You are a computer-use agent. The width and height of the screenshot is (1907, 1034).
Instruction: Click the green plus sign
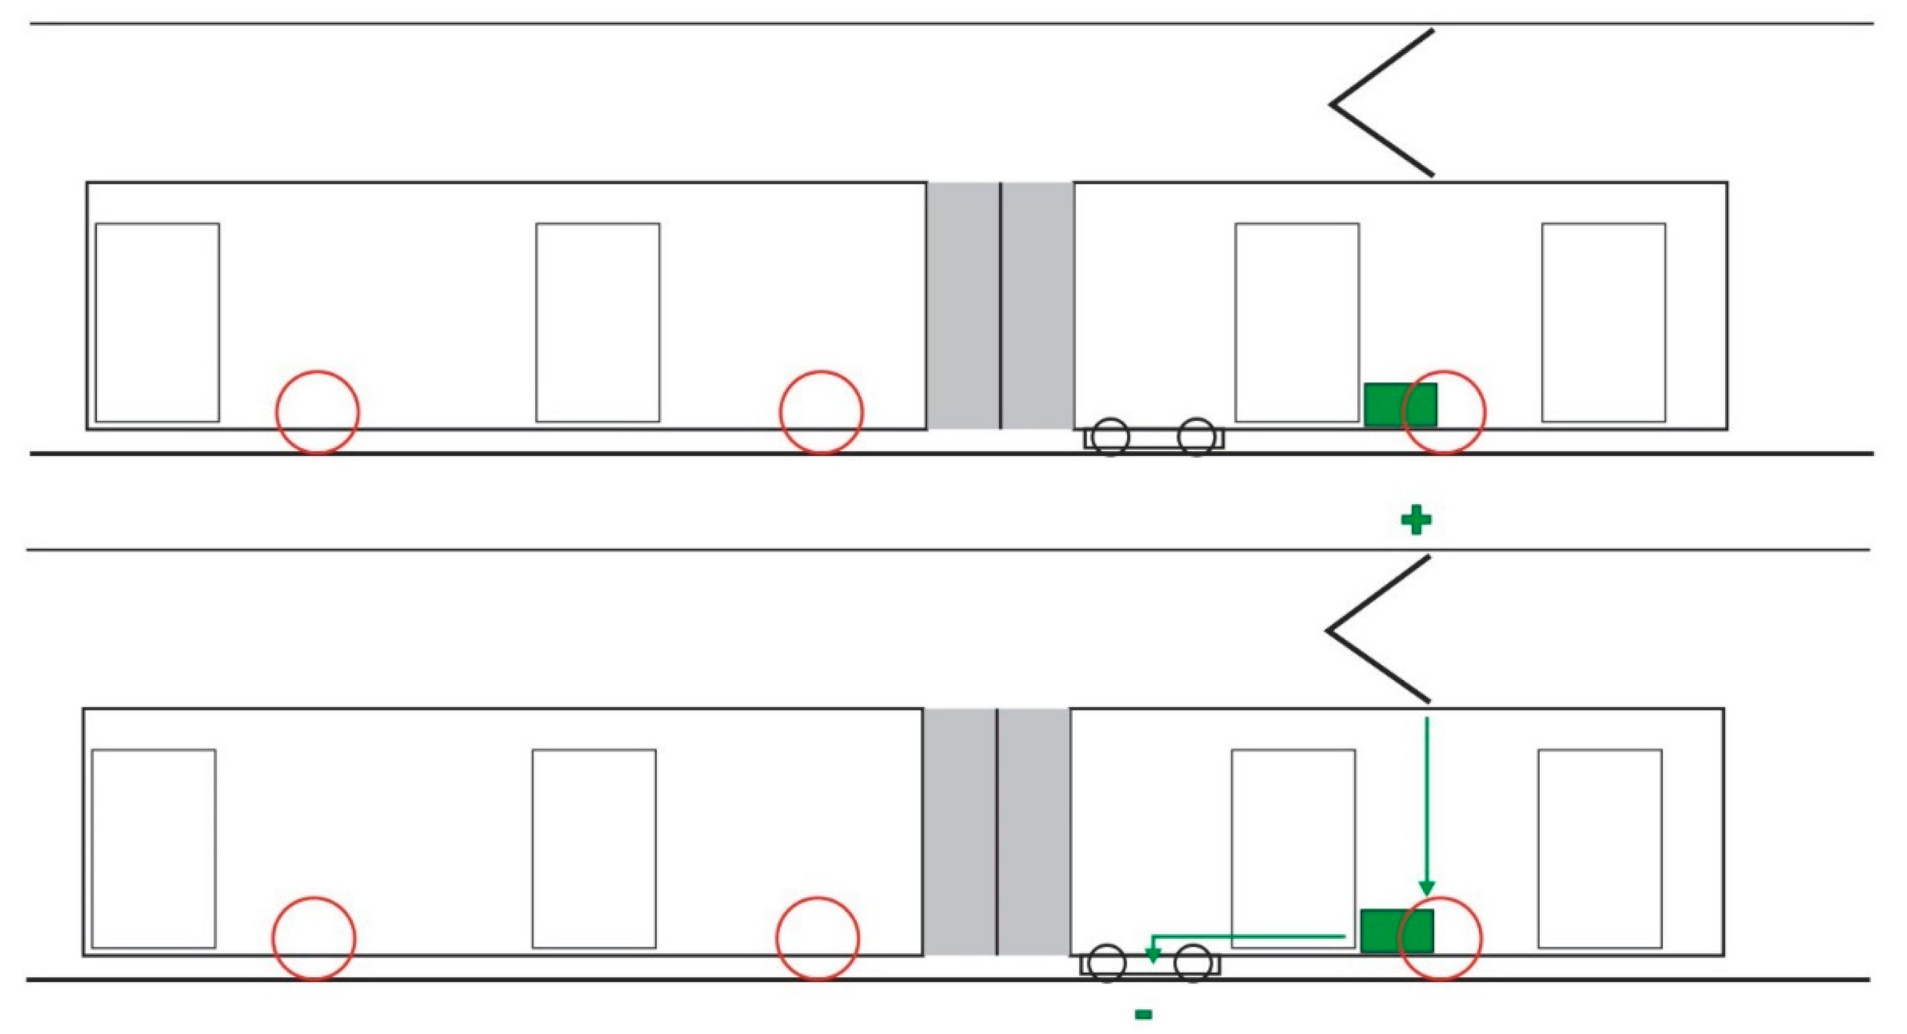point(1416,521)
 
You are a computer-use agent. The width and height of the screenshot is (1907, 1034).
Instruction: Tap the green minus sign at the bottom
point(1143,1014)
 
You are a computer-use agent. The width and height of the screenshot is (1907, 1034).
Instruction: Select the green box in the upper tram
point(1400,404)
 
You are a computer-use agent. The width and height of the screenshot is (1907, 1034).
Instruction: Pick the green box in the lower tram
point(1397,931)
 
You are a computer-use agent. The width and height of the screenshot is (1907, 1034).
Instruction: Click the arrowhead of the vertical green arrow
point(1426,888)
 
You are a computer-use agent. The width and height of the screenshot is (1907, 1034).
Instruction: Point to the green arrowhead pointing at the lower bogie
point(1152,955)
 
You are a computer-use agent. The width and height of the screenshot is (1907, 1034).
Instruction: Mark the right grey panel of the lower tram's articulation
point(1034,832)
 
